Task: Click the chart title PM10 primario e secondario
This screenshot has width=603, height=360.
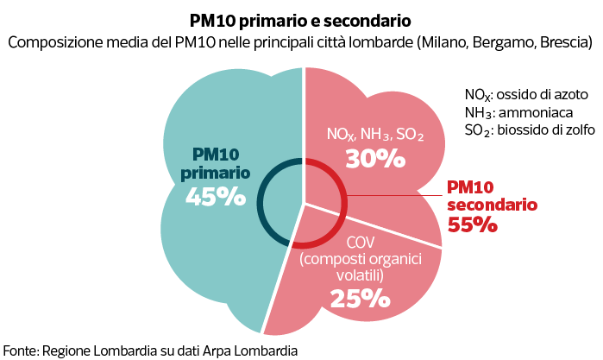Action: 301,19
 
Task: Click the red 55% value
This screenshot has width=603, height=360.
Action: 472,224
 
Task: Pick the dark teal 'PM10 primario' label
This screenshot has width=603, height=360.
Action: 215,162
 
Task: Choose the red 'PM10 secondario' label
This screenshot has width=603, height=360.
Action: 493,196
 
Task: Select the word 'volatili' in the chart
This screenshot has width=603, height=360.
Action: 360,276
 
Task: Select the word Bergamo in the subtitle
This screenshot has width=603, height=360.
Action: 504,41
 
